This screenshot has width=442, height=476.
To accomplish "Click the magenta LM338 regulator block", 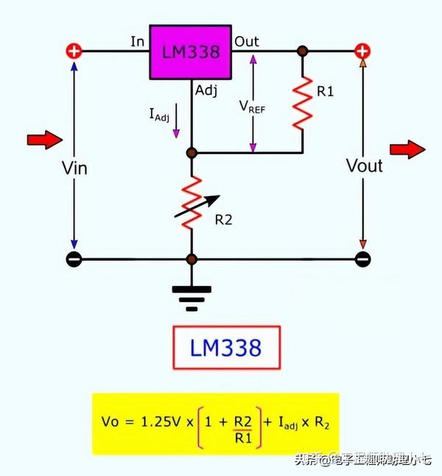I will point(191,53).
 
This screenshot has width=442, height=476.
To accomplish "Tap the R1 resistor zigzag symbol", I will point(302,102).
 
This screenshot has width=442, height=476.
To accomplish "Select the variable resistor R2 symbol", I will point(192,201).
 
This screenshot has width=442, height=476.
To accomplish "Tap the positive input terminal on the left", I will point(74,51).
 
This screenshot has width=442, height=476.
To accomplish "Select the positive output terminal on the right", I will point(362,51).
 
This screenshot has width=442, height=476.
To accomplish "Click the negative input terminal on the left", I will point(74,259).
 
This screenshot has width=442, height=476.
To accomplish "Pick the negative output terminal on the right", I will point(362,259).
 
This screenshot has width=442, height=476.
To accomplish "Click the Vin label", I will point(74,168).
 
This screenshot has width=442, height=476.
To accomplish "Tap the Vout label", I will point(364,166).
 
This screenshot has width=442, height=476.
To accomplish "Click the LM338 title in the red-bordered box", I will point(226,346).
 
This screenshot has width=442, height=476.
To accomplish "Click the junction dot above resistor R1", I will point(302,51).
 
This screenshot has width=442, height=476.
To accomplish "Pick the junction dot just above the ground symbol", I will point(192,259).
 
